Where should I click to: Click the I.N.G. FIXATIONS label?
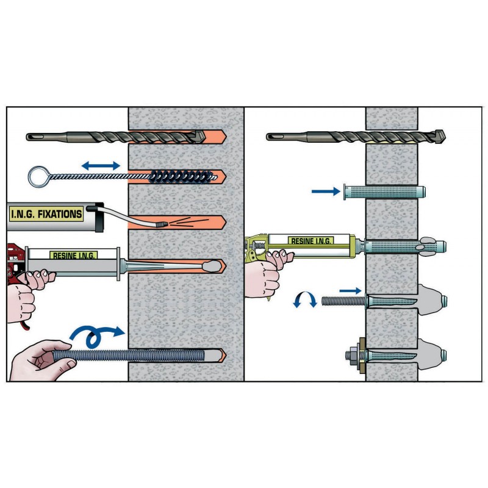pos(46,214)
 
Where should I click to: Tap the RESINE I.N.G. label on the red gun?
pos(74,256)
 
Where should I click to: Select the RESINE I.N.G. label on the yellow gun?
pos(311,241)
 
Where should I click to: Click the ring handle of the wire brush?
pos(39,177)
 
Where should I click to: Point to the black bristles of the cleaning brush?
pos(182,177)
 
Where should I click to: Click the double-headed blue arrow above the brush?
pos(101,165)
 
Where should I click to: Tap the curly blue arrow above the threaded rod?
pos(96,335)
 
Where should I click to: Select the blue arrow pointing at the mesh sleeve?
pos(326,192)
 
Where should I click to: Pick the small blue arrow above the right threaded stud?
pos(350,291)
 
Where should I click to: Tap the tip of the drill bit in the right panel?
pos(445,137)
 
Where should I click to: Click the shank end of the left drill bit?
pos(27,137)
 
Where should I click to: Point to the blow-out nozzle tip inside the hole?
pos(162,224)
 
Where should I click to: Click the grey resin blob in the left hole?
pos(212,265)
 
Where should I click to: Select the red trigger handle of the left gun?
pos(14,262)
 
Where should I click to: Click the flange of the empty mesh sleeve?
pos(345,192)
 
